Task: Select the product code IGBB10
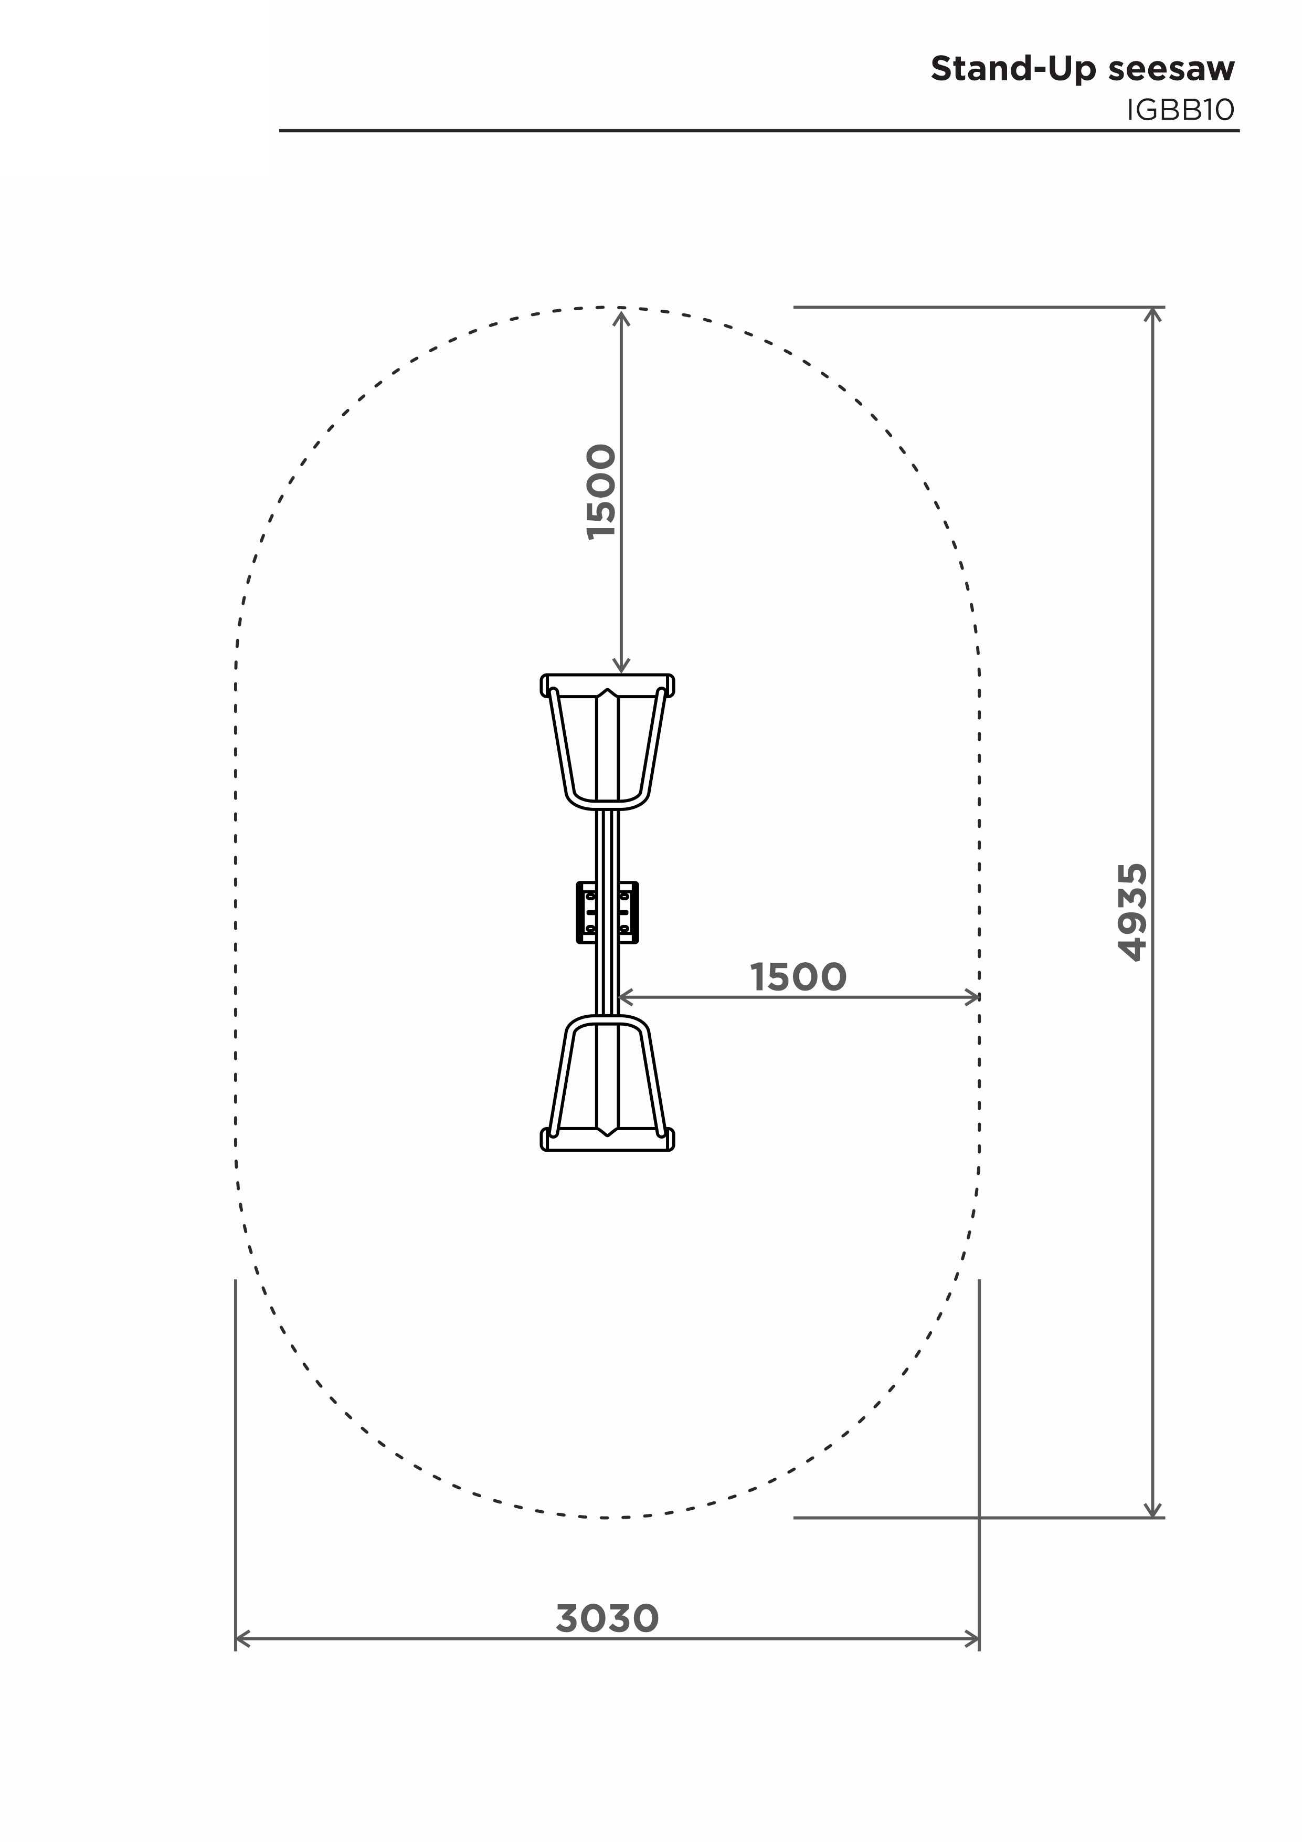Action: pos(1180,110)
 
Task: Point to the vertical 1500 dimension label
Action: pos(601,492)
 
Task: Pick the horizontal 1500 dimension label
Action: pos(798,977)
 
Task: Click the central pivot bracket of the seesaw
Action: pos(607,912)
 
